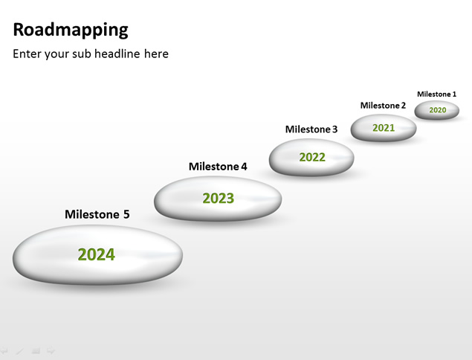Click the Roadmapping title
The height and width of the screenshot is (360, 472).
point(71,30)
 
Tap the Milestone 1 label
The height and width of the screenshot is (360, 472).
point(436,94)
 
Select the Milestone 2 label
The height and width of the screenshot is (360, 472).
point(383,106)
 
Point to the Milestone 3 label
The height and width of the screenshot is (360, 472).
point(311,129)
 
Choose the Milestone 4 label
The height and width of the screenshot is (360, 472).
point(218,167)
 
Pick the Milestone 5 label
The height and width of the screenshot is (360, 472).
point(97,214)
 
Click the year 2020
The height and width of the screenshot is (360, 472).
point(437,110)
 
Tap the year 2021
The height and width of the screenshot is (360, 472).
point(384,128)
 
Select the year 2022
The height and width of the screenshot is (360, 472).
point(312,157)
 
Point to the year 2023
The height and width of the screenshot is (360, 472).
point(219,199)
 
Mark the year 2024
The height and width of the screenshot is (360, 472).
point(97,254)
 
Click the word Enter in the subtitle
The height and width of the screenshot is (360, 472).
point(27,54)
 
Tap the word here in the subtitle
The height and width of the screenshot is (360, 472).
point(156,54)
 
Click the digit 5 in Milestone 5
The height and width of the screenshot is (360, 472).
point(126,214)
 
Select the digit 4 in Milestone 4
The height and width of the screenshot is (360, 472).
point(244,167)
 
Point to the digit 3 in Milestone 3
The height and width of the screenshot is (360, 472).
point(334,129)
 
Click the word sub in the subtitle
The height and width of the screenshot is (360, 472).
point(81,54)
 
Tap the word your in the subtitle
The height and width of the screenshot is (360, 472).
point(56,55)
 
